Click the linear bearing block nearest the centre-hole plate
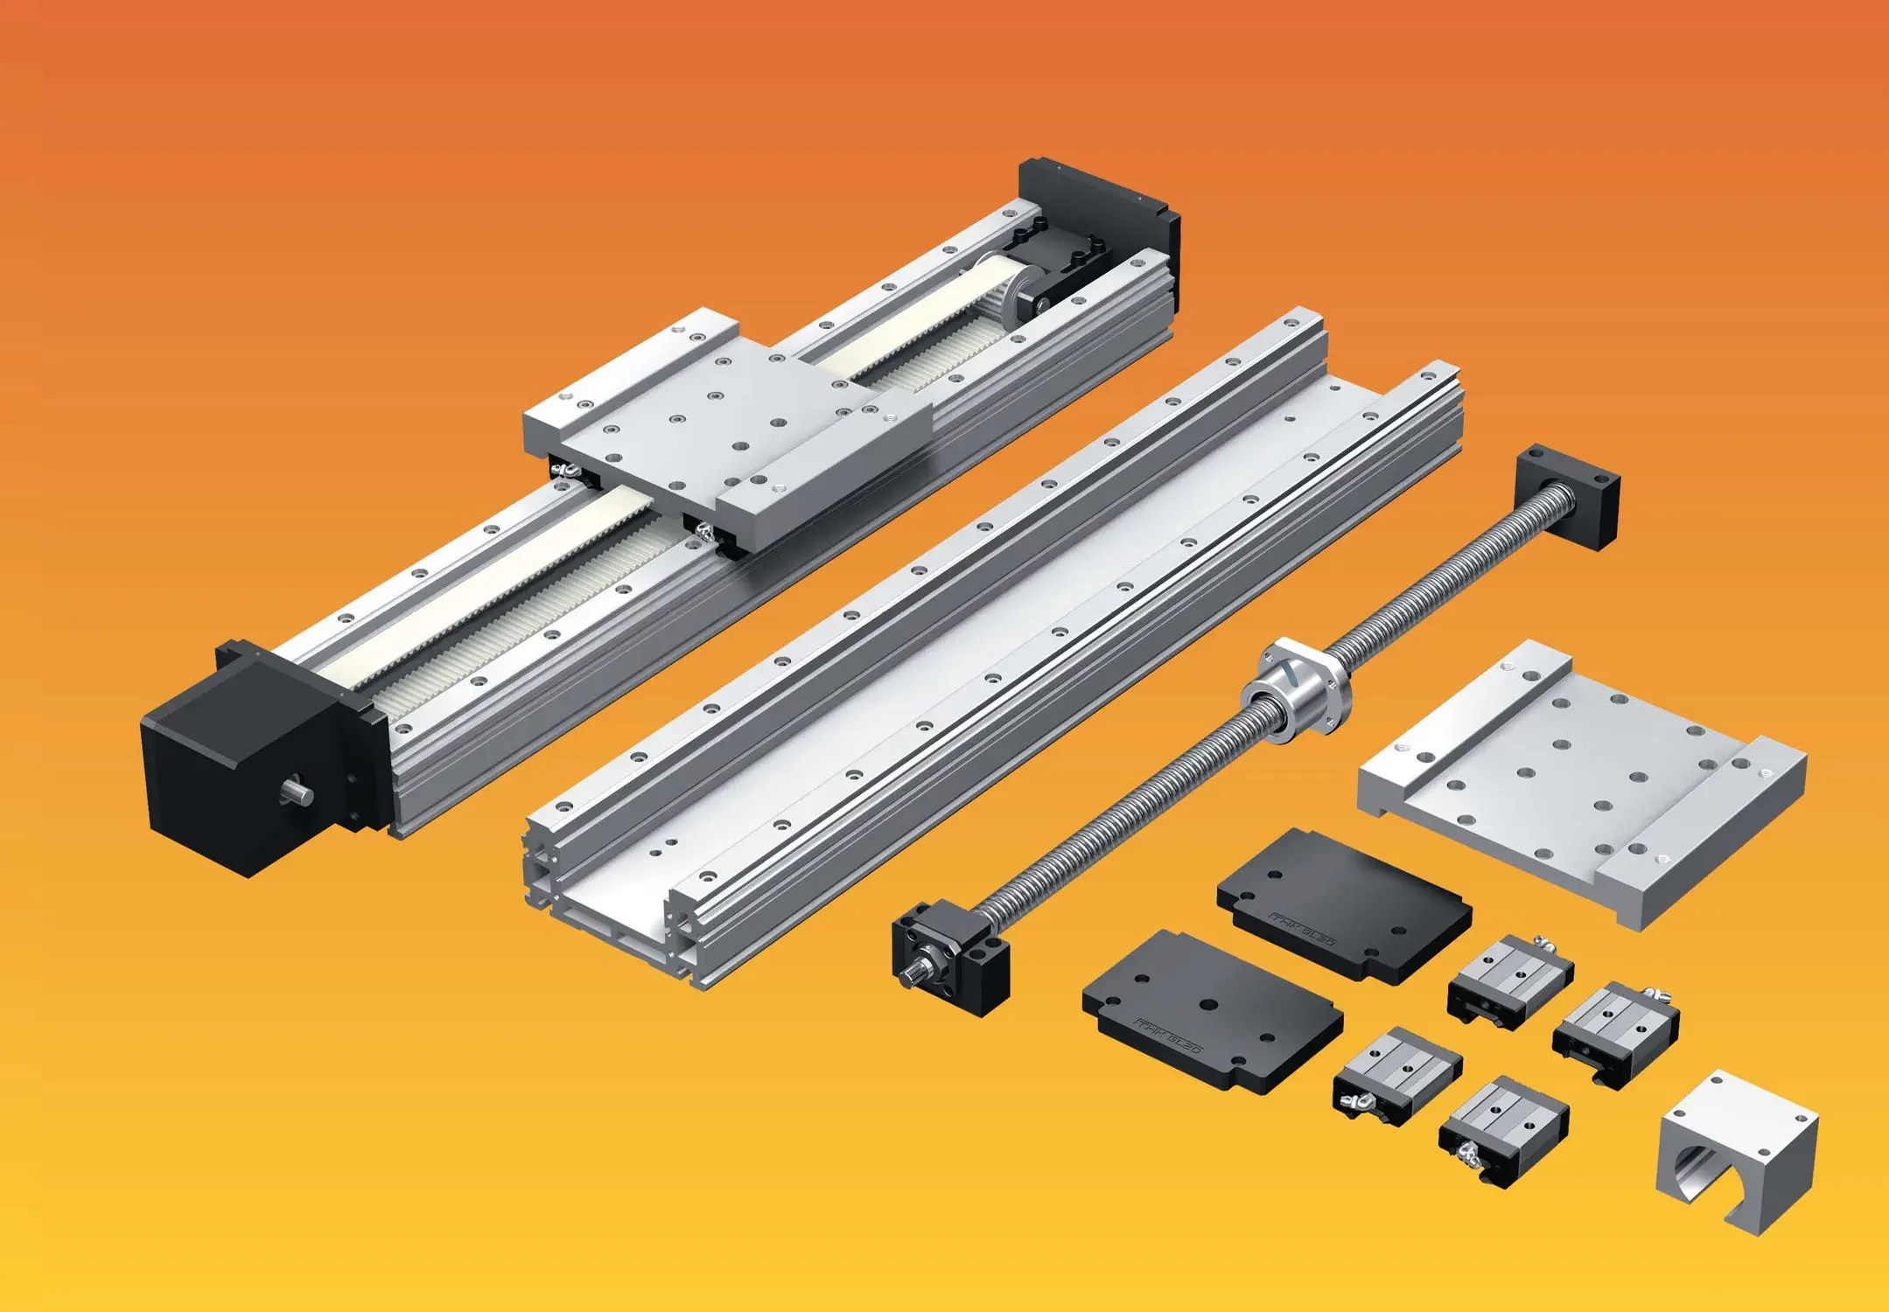tap(1396, 1076)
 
